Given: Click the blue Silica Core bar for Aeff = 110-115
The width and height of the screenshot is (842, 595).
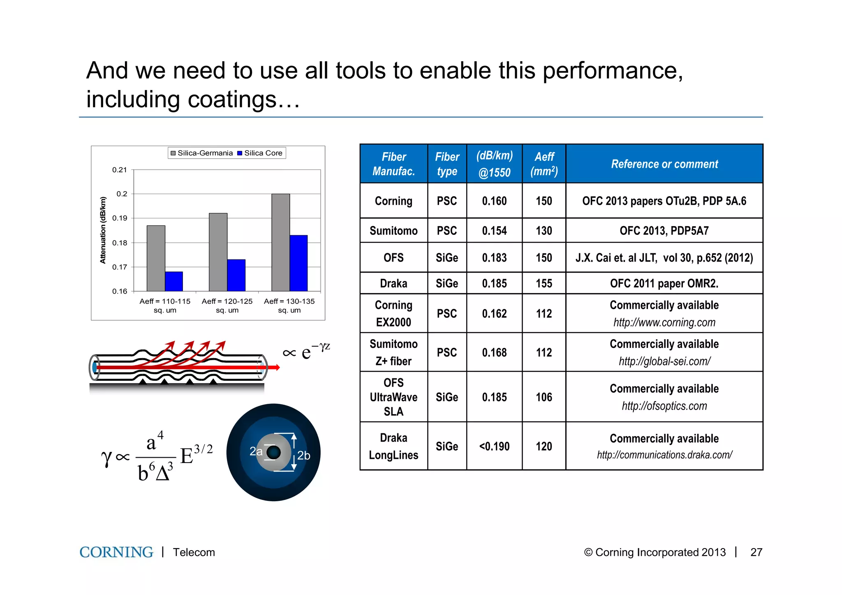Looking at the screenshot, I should [x=174, y=281].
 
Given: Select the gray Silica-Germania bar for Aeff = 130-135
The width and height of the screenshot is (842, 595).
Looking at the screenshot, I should [x=280, y=243].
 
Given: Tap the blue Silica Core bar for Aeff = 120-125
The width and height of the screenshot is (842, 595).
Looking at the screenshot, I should [x=236, y=275].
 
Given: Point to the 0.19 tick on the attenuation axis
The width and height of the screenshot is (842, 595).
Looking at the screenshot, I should [x=120, y=218].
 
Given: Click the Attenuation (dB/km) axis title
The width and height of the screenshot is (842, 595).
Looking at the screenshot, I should [x=103, y=230].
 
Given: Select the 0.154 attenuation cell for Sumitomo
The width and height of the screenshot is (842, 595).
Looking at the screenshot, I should [x=494, y=231].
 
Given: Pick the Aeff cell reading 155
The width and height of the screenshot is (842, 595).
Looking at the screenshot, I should [x=544, y=283].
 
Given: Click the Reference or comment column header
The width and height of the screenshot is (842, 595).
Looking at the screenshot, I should [x=664, y=164].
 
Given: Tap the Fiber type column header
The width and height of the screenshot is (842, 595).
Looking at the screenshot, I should [x=447, y=164].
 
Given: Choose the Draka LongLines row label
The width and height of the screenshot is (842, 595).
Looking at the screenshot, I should [x=393, y=446].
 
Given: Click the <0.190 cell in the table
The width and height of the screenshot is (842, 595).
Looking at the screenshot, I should [x=494, y=446].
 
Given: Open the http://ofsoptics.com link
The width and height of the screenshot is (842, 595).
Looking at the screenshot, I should [x=664, y=406].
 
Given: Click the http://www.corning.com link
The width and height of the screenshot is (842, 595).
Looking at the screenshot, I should [x=664, y=322].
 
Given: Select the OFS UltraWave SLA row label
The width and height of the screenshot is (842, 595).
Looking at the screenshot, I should [x=393, y=397].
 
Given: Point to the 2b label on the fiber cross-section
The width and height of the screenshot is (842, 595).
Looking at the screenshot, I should [x=304, y=456].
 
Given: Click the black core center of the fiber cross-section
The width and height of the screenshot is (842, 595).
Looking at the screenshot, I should [x=273, y=452].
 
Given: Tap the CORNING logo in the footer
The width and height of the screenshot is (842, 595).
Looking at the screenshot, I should [x=116, y=552].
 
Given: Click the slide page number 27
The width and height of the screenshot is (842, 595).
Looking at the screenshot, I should [x=756, y=552].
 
